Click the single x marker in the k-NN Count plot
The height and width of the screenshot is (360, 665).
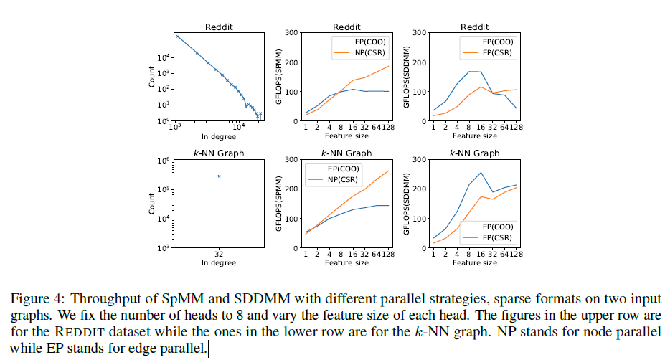coord(219,176)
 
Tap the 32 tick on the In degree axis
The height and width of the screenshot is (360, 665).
coord(219,254)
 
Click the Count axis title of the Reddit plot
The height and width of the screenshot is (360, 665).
coord(151,77)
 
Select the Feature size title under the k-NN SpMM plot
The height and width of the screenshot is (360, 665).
coord(346,262)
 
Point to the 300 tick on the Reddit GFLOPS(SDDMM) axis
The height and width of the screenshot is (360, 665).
coord(420,33)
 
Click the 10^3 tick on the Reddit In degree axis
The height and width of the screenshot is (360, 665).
coord(174,128)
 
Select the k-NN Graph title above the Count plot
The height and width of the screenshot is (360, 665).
coord(219,153)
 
